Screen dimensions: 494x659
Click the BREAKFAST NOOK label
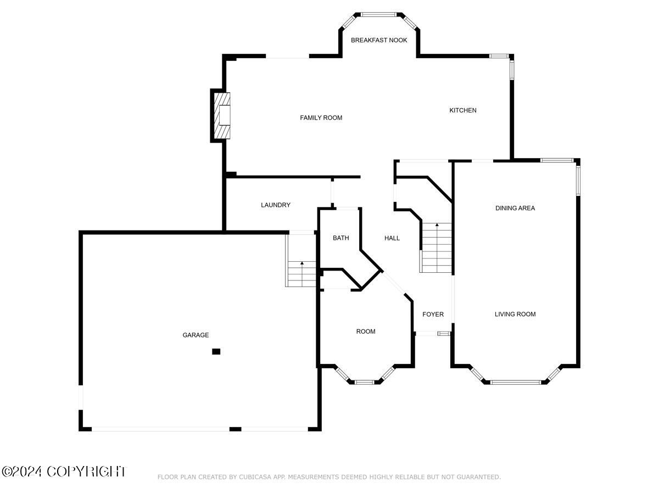379,40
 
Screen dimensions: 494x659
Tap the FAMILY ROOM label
321,117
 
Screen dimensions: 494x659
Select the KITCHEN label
463,110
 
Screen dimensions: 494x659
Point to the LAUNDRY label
275,205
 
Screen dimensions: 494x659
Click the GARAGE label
196,335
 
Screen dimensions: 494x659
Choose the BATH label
340,238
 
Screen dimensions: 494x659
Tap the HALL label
392,238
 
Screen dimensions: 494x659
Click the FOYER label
433,315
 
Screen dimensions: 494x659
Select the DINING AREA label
515,208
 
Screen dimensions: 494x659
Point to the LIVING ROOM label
515,314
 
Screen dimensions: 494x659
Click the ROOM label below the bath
365,332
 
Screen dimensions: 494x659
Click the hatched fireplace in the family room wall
222,116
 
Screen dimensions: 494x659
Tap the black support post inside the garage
216,351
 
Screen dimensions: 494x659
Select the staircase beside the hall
437,248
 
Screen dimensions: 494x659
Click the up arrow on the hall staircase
437,226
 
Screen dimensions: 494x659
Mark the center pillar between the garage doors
235,429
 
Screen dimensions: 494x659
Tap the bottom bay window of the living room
515,381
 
